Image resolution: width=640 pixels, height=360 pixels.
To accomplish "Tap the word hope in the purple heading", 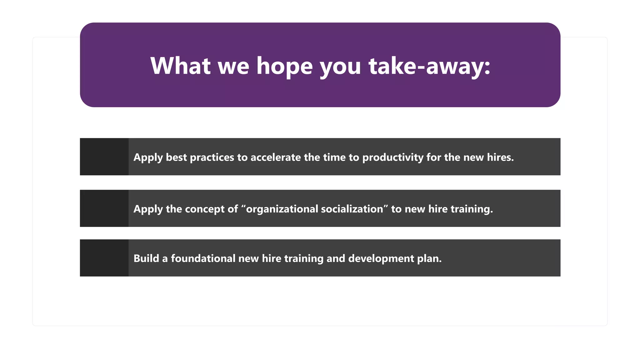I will click(x=284, y=66).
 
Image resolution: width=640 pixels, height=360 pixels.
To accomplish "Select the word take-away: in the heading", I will click(x=429, y=66).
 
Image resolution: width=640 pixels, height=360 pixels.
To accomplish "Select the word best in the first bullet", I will click(x=176, y=157).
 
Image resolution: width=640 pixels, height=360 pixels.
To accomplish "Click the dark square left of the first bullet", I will click(x=104, y=157).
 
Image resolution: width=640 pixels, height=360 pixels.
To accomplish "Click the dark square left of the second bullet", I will click(x=104, y=208).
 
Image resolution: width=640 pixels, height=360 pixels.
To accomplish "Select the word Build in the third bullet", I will click(x=146, y=258).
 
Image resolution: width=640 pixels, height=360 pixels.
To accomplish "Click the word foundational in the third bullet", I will click(x=203, y=258).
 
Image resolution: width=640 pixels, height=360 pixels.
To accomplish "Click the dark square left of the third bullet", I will click(x=104, y=258).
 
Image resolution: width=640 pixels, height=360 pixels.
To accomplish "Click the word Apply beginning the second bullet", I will click(x=148, y=209).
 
